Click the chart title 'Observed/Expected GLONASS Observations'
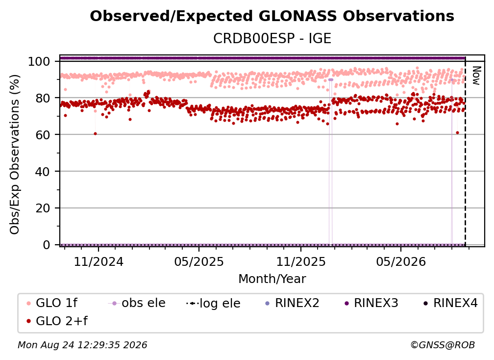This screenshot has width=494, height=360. [x=272, y=16]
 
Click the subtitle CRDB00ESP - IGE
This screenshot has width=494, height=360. [x=272, y=38]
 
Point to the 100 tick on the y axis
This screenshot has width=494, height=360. [x=39, y=61]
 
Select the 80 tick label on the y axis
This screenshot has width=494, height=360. [x=43, y=98]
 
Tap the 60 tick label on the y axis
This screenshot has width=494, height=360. [x=43, y=134]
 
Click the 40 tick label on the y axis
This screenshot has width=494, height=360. [x=43, y=172]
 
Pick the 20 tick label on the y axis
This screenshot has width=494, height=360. [x=43, y=208]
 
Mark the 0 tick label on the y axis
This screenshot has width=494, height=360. [x=47, y=245]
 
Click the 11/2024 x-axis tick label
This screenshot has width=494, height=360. [x=99, y=261]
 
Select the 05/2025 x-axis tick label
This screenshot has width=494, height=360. [x=199, y=261]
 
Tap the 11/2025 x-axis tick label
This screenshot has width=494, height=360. [x=301, y=261]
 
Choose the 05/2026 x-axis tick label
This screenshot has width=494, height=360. [x=401, y=261]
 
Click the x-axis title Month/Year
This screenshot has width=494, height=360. [x=272, y=279]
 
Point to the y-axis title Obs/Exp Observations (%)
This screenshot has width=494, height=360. [x=15, y=154]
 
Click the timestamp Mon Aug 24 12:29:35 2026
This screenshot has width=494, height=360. [x=82, y=345]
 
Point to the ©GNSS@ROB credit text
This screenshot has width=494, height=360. [x=443, y=345]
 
